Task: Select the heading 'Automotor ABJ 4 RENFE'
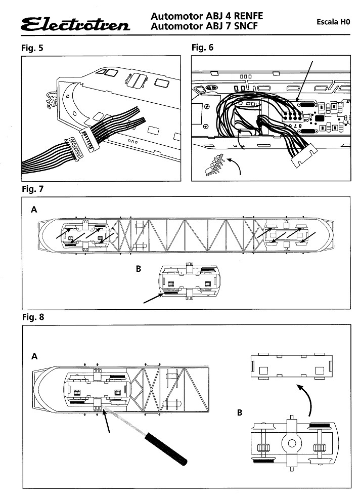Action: [207, 16]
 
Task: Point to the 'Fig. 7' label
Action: [33, 189]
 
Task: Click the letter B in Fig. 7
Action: [139, 269]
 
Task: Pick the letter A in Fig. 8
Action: [34, 356]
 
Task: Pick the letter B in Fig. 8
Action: [239, 412]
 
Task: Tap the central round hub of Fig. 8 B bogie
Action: [292, 444]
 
